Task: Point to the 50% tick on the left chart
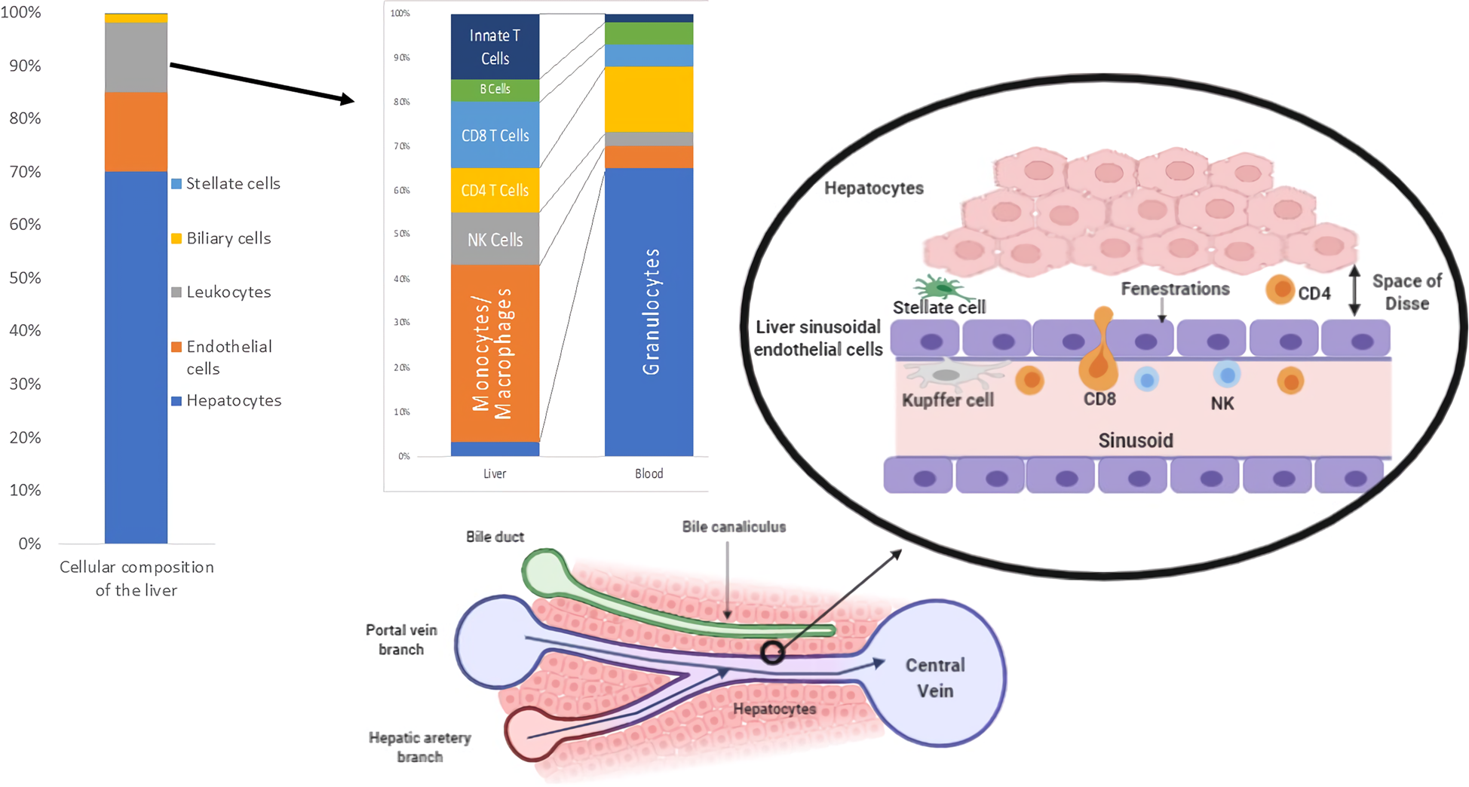coord(25,277)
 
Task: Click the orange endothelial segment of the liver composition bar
coord(136,132)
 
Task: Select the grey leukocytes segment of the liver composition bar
coord(136,57)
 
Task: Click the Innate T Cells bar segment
coord(495,47)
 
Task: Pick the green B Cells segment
coord(495,90)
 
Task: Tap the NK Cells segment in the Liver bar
coord(495,240)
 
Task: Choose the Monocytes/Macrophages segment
coord(495,353)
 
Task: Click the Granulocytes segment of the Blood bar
coord(649,311)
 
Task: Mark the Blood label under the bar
coord(649,474)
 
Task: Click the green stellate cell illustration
coord(940,287)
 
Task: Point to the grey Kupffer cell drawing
coord(947,374)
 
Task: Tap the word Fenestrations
coord(1175,289)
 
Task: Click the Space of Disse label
coord(1406,292)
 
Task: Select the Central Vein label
coord(935,678)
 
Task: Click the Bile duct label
coord(495,537)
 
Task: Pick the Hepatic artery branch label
coord(419,747)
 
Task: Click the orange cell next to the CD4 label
coord(1280,290)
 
